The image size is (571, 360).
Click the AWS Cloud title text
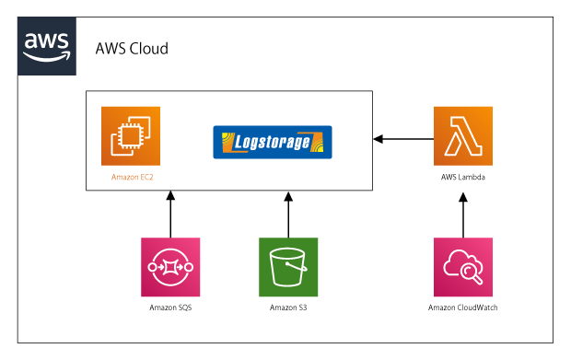click(x=132, y=49)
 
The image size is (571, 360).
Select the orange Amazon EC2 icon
click(x=131, y=136)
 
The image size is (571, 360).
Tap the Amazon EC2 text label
click(x=131, y=176)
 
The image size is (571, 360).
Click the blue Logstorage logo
click(x=272, y=143)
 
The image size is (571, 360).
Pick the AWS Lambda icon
click(x=463, y=136)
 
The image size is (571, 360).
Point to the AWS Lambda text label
click(x=463, y=175)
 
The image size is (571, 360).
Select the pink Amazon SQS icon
click(x=169, y=267)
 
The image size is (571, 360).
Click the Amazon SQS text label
click(x=169, y=307)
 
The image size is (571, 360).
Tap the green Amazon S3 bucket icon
click(x=288, y=267)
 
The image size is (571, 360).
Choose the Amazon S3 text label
click(x=288, y=307)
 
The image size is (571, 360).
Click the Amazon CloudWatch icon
click(x=463, y=267)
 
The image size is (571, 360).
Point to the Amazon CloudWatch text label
click(x=463, y=307)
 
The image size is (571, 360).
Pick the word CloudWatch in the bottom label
click(x=477, y=307)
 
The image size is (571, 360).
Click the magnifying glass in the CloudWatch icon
click(x=468, y=271)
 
